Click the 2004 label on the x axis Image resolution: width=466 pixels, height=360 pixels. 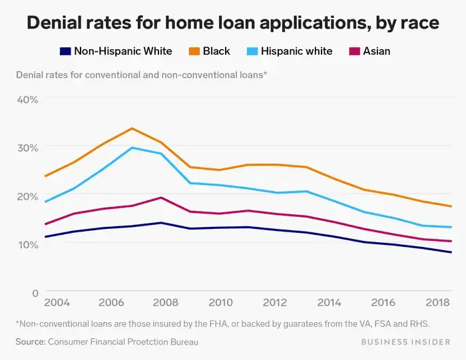point(57,303)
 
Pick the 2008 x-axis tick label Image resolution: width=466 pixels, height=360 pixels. point(166,303)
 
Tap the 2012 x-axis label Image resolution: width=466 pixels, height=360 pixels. point(274,303)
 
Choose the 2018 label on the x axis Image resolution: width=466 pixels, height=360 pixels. point(437,303)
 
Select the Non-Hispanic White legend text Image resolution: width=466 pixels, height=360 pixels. point(122,51)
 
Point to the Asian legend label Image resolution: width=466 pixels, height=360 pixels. point(377,51)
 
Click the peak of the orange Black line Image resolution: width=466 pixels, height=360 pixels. point(132,128)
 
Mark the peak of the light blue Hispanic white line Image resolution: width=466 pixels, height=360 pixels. point(132,148)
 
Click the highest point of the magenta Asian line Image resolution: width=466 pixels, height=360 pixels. point(160,198)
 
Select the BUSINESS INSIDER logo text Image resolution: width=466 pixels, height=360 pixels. point(409,342)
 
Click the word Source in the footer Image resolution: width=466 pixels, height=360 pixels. point(29,342)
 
